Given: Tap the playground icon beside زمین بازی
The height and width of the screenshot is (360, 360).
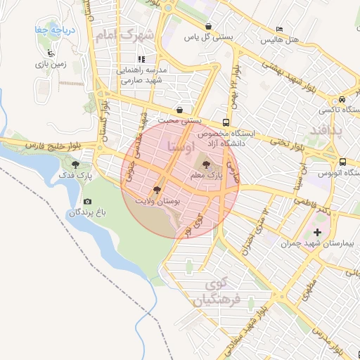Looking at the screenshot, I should (x=49, y=53).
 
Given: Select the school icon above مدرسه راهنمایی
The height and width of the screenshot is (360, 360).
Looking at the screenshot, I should (x=141, y=60).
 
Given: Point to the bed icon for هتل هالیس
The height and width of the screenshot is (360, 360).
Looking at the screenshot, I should (x=280, y=29).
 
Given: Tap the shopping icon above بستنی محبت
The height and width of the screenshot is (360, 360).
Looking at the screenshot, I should (x=181, y=109).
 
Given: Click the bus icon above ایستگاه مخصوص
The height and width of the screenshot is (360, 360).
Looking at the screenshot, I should (x=225, y=120).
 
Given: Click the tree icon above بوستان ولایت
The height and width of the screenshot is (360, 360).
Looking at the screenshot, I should (x=156, y=190).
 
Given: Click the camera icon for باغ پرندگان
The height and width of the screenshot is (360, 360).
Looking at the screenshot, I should (x=87, y=202).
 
